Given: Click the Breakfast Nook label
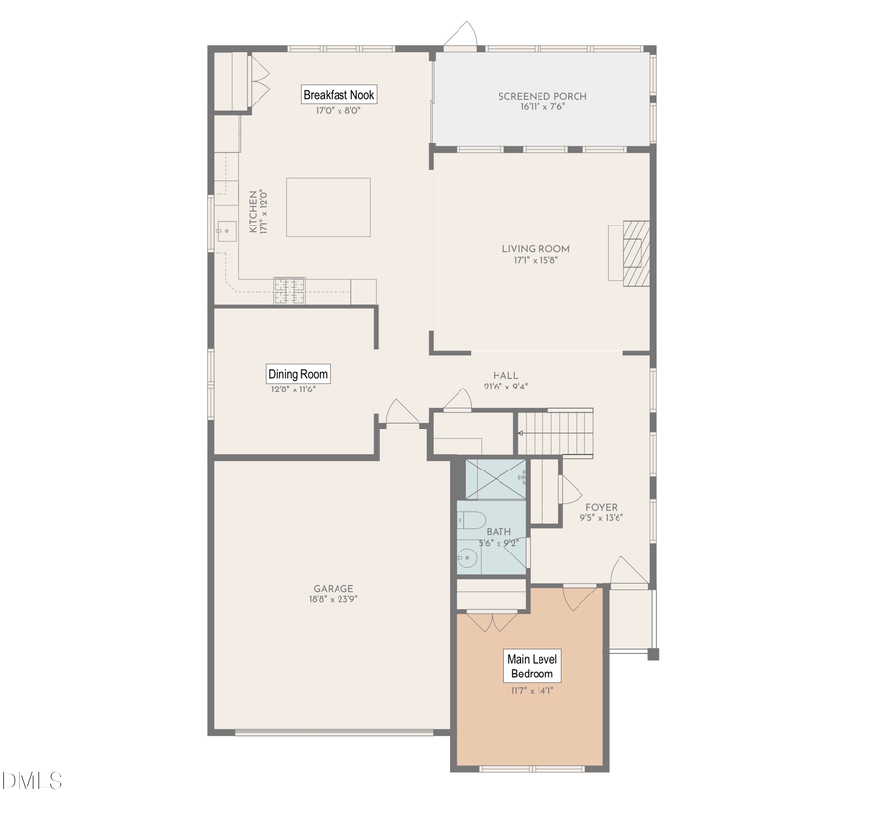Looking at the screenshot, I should point(339,95).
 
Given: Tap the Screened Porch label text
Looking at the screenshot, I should point(542,96).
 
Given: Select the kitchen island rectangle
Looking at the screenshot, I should point(328,207).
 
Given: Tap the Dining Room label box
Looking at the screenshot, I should point(299,374).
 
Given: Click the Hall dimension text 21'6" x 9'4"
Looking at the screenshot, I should point(505,388).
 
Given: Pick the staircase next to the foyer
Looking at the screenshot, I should point(555,431).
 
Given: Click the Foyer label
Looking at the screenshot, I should point(601,507).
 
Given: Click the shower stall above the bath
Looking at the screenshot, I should point(496,477).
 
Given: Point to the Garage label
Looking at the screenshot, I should point(334,589).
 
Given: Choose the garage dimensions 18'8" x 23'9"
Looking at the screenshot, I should point(334,600).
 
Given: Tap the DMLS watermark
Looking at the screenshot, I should point(32,781).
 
